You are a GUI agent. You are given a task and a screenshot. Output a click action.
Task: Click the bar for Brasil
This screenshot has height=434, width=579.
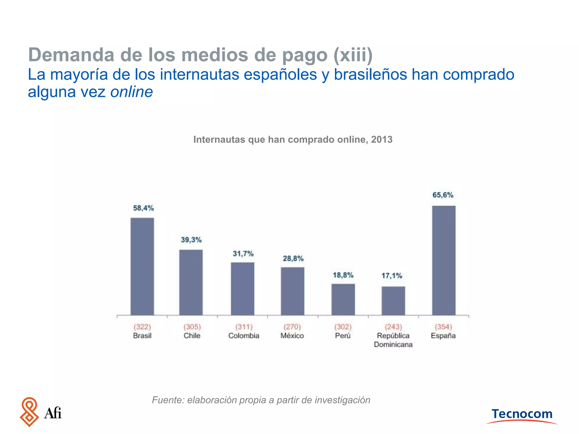click(142, 266)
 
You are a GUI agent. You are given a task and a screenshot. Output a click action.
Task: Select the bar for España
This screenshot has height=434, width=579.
click(444, 260)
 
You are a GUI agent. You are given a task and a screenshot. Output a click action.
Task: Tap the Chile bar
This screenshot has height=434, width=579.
click(191, 282)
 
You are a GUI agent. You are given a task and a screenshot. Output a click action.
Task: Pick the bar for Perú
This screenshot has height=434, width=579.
click(343, 299)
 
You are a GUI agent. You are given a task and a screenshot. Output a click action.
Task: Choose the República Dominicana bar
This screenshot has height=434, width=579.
click(393, 301)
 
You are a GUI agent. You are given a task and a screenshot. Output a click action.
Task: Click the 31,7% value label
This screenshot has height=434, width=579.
click(243, 254)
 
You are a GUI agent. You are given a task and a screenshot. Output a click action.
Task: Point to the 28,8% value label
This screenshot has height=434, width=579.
click(293, 259)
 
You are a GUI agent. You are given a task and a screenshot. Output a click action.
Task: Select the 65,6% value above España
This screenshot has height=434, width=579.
click(443, 195)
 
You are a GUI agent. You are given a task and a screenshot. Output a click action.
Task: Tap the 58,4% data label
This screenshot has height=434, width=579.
click(143, 208)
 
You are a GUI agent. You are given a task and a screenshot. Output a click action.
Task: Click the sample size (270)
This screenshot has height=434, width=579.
click(292, 327)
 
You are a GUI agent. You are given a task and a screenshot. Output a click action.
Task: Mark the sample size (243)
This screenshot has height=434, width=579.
click(393, 327)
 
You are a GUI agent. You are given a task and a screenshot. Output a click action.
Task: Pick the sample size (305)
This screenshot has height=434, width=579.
click(192, 327)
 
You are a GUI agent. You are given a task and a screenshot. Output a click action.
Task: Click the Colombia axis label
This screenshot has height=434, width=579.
click(244, 336)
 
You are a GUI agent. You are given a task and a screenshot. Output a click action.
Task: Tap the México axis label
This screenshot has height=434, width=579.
click(292, 336)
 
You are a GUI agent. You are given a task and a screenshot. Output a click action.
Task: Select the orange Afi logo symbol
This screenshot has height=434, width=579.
click(29, 412)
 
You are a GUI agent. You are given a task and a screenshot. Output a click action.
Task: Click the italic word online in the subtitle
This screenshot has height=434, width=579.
click(131, 92)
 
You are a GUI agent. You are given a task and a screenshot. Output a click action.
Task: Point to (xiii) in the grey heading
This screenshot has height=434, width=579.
click(353, 55)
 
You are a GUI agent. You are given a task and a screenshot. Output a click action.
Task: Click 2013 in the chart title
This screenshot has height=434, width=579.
click(382, 140)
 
